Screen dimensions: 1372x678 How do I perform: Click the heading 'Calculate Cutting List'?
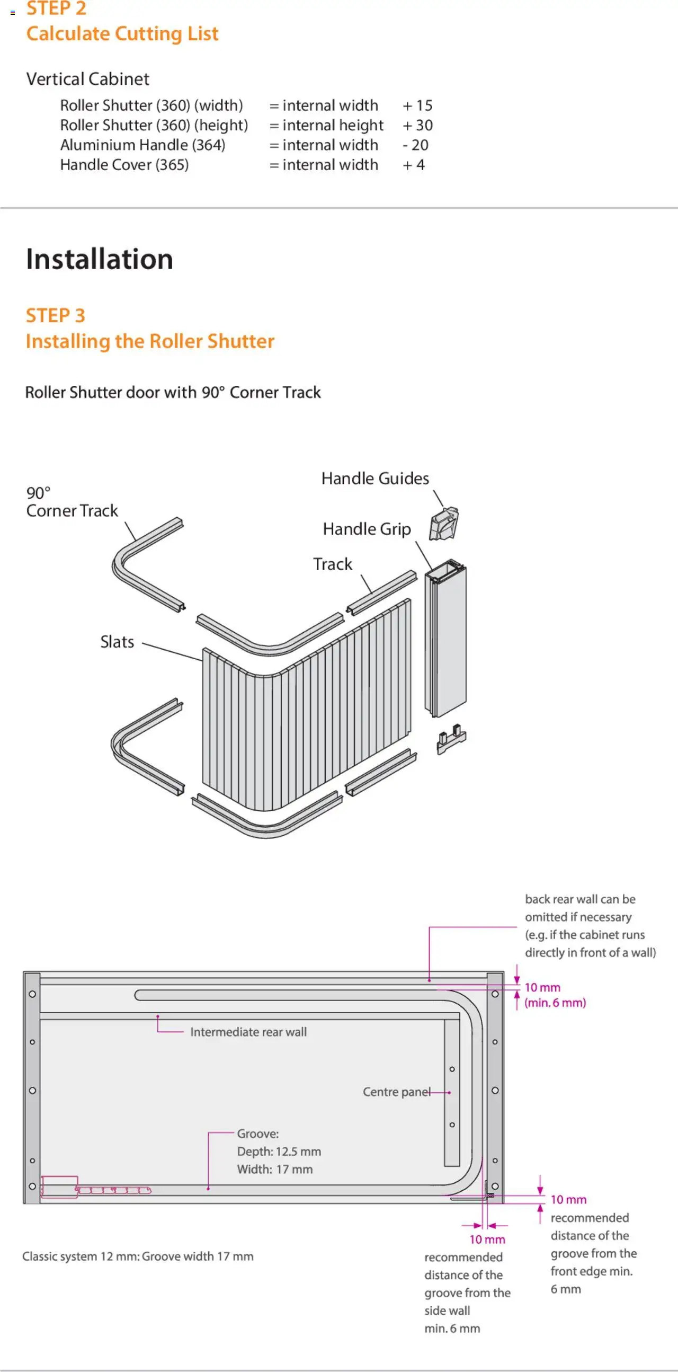(122, 33)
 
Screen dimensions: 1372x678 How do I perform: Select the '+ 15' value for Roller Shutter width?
(417, 105)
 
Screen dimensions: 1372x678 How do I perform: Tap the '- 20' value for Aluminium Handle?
(415, 145)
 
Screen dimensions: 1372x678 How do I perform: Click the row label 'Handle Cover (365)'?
(124, 165)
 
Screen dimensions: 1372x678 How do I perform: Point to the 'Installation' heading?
(100, 259)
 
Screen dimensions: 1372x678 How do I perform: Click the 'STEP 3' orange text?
(55, 315)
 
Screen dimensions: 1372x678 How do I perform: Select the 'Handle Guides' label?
(374, 479)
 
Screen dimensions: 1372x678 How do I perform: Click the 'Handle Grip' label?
(367, 529)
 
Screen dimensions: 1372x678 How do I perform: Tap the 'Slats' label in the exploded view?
(117, 642)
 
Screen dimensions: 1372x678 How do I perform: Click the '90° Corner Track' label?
(72, 502)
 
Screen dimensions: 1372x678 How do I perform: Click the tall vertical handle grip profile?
(446, 639)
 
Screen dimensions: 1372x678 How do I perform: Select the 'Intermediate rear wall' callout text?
(248, 1032)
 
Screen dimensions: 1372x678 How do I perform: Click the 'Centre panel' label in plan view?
(397, 1092)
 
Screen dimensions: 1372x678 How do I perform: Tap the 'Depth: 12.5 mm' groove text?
(279, 1152)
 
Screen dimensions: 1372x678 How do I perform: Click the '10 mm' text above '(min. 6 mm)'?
(542, 987)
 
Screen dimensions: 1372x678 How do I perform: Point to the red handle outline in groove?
(60, 1187)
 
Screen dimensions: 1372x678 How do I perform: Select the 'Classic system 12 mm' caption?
(137, 1256)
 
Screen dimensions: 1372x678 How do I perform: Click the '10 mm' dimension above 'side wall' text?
(487, 1240)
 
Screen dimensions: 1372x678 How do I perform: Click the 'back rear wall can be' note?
(580, 899)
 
